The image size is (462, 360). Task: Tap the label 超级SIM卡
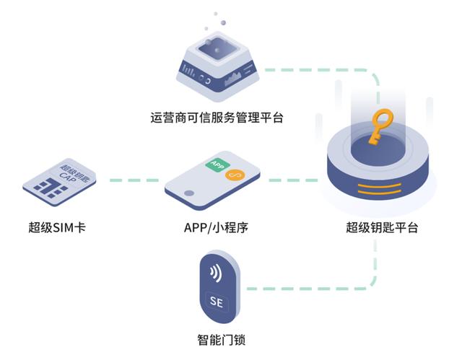(x=58, y=229)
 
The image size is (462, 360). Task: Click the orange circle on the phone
(x=233, y=176)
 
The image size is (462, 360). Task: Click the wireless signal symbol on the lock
(x=214, y=273)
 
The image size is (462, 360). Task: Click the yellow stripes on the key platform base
(x=380, y=193)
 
